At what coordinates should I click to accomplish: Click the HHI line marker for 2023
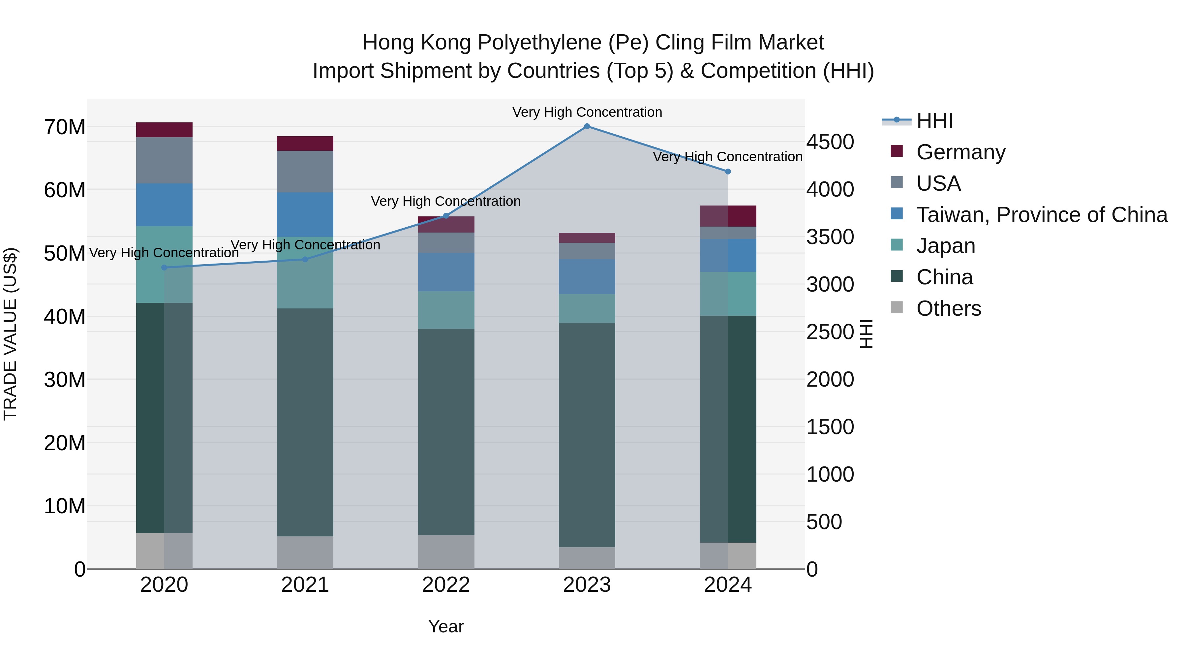tap(587, 126)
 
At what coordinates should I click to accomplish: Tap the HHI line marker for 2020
tap(165, 268)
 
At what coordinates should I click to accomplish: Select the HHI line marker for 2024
tap(728, 172)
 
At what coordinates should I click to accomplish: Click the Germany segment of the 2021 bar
tap(305, 143)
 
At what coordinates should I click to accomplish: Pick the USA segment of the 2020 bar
tap(165, 160)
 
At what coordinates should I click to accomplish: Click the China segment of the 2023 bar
tap(587, 435)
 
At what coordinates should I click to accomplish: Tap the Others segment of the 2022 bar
tap(446, 552)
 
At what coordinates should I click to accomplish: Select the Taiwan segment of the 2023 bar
tap(587, 277)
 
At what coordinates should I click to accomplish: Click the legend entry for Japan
tap(946, 246)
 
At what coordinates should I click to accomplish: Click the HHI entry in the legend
tap(934, 121)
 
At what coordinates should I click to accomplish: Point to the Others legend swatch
tap(897, 307)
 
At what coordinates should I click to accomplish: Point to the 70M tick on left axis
tap(65, 127)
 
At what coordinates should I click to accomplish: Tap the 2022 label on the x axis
tap(446, 585)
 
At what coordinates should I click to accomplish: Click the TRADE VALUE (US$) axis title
tap(10, 334)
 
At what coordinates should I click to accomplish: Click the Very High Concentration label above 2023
tap(587, 112)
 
